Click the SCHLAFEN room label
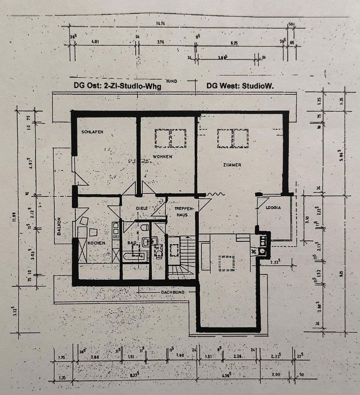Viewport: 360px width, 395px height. (92, 132)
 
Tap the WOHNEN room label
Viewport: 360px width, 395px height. (163, 157)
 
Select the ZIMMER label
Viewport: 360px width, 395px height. (232, 165)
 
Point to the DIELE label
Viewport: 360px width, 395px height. (142, 208)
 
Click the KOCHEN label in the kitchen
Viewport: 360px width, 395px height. (97, 243)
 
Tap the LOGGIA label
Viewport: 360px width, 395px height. (274, 207)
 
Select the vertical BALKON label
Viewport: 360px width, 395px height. (59, 227)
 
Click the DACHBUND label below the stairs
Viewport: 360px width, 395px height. (173, 292)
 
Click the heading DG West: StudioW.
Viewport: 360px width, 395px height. (240, 86)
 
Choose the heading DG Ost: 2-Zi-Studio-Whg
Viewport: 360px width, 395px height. (117, 86)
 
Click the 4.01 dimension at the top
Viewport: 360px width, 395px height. (95, 42)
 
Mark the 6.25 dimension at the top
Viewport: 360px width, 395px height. (234, 43)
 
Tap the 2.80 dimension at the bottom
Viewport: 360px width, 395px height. (95, 357)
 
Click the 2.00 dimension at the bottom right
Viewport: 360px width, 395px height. (276, 375)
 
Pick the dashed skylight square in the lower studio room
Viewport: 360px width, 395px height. (226, 263)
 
